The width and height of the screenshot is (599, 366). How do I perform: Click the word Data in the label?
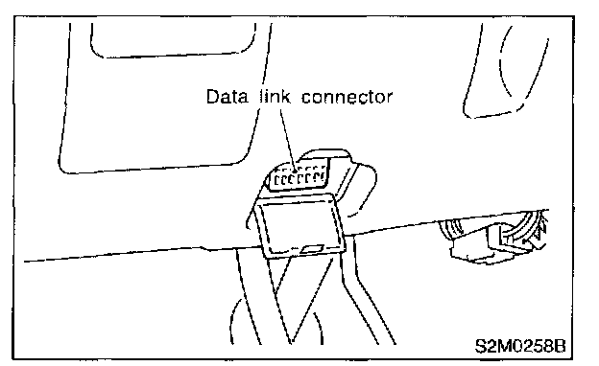[x=227, y=97]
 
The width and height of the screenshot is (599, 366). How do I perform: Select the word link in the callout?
[x=275, y=97]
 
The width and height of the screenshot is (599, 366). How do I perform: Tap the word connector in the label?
[x=347, y=97]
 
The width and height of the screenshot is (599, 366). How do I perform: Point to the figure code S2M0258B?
[x=520, y=346]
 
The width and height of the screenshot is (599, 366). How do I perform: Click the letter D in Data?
[x=212, y=97]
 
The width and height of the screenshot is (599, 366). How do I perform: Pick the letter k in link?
[x=285, y=97]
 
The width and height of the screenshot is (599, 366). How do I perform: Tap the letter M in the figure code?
[x=504, y=346]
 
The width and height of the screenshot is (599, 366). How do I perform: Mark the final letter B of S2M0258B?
[x=560, y=346]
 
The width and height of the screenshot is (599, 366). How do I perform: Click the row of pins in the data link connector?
[x=299, y=177]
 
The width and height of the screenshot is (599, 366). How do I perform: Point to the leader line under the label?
[x=287, y=140]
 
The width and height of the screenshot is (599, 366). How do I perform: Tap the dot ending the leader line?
[x=295, y=172]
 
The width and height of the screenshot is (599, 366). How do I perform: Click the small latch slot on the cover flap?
[x=313, y=249]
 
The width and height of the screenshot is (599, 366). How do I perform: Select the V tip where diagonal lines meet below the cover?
[x=292, y=342]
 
